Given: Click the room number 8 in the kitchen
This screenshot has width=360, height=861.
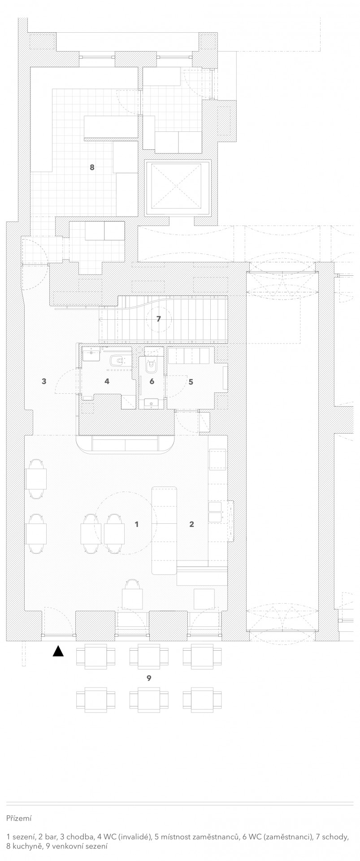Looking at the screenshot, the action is pos(92,167).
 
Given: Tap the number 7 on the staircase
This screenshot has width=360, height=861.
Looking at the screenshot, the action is pos(158,319).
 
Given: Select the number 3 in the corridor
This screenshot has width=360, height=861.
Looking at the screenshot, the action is pos(44,381).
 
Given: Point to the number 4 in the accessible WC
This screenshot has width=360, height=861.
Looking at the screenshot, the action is pos(107,381).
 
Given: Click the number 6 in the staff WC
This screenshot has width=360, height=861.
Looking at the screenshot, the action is pos(152,381).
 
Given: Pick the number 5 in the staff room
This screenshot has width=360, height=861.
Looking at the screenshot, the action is pos(191,382).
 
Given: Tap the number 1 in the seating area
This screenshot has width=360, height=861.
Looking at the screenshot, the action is pos(137,524).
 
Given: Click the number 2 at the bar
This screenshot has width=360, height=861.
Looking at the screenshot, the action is pos(192,524).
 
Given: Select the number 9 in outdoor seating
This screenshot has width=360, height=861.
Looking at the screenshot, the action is pos(149,678).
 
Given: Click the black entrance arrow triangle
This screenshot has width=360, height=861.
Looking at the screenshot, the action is pos(58,651).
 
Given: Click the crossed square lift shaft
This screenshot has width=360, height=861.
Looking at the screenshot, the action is pos(178,188).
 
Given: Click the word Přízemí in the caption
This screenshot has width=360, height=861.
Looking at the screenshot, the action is pos(19,818).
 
